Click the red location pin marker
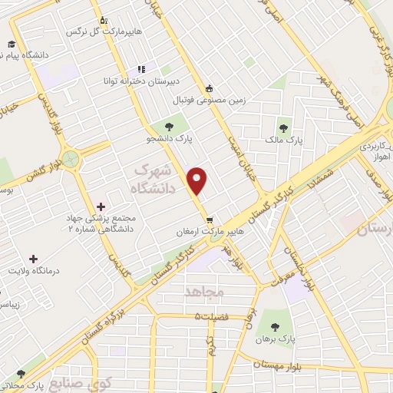(x=198, y=181)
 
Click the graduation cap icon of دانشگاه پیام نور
(x=12, y=44)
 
